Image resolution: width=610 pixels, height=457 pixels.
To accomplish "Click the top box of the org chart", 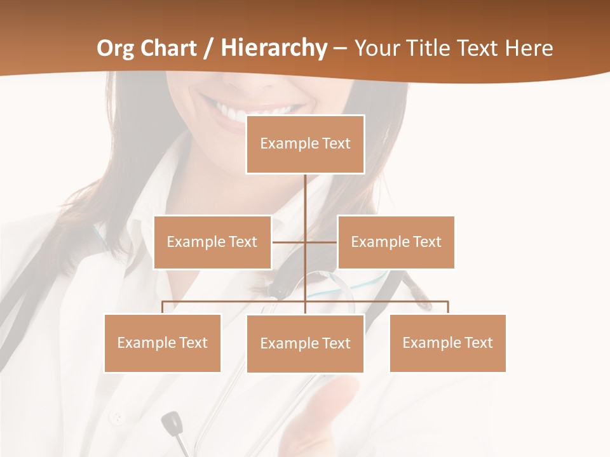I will click(305, 144).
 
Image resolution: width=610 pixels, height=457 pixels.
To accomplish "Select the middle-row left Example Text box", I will click(212, 242).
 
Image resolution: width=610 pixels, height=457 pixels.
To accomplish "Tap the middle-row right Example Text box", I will click(396, 242).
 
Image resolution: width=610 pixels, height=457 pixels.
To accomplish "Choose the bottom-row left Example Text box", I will click(163, 343).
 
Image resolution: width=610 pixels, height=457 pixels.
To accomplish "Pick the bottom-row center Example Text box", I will click(305, 343).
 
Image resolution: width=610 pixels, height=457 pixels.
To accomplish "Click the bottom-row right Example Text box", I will click(447, 343).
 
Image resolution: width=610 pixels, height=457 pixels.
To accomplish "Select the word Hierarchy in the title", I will click(274, 48).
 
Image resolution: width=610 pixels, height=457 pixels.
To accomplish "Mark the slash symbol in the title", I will click(208, 49).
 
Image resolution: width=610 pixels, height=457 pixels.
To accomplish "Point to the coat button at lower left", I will click(116, 418).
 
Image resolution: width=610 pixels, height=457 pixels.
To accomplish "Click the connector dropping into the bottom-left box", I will click(163, 307).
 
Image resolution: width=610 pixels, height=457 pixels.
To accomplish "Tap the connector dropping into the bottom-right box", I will click(448, 307).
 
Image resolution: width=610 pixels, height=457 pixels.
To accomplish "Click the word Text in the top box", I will click(335, 144).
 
